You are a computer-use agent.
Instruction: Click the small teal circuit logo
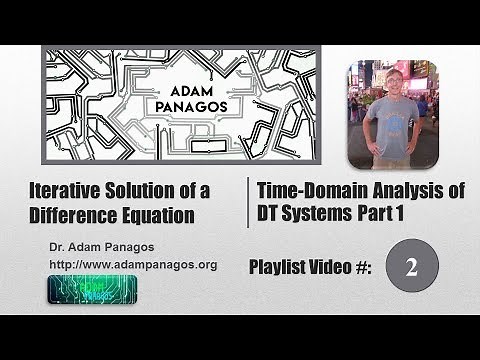tap(92, 288)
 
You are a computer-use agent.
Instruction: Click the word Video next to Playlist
tap(342, 268)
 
